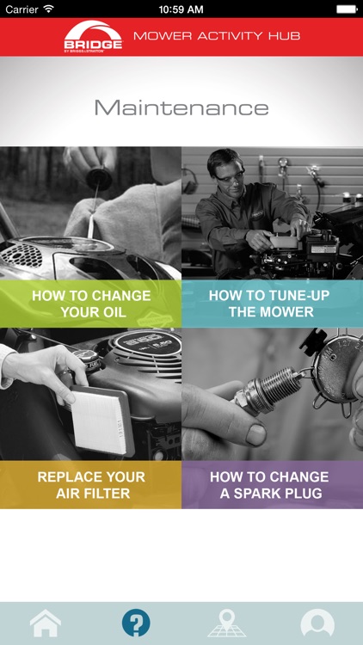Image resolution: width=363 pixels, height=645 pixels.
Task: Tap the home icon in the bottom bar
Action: pos(46,623)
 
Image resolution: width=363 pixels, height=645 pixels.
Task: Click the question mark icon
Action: pos(136,623)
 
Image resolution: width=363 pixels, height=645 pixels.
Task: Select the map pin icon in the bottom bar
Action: pos(227,623)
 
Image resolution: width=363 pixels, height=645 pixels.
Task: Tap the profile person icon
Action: pos(317,623)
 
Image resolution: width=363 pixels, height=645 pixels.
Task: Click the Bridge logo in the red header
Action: pos(93,37)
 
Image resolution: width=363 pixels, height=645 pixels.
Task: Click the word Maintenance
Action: pos(181,107)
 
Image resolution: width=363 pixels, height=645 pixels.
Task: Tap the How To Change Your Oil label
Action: pos(91,304)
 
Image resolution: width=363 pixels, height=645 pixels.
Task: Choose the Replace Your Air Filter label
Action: pos(91,484)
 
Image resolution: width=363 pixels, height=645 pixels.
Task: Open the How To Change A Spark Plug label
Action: pos(269,484)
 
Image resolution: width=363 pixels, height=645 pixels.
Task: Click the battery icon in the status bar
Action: pos(347,9)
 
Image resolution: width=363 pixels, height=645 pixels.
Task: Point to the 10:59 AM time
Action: pos(181,9)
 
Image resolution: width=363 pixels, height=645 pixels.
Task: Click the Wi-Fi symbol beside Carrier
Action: pos(48,9)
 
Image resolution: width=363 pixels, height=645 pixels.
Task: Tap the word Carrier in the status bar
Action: pos(22,9)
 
